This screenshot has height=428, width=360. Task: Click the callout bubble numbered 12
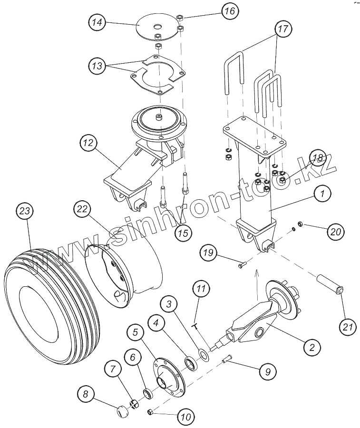[x=89, y=143]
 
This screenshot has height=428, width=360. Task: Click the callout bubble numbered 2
[x=311, y=347]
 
